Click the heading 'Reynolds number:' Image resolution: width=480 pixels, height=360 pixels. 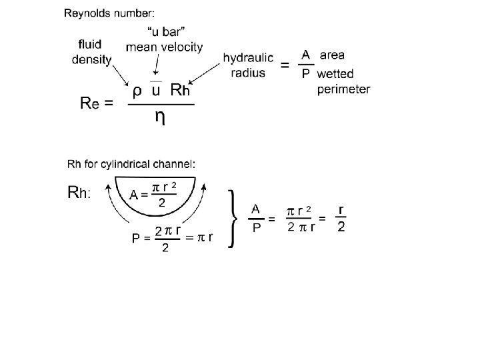click(109, 13)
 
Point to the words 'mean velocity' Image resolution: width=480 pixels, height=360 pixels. click(165, 47)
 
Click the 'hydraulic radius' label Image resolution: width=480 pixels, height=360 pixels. click(248, 65)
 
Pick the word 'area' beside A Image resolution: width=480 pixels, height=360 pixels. click(333, 55)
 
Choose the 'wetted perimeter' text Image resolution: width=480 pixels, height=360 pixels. click(342, 81)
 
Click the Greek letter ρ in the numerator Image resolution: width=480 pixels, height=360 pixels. click(136, 89)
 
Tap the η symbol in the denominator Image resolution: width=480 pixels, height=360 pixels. click(161, 117)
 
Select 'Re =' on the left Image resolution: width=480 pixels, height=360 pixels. click(96, 103)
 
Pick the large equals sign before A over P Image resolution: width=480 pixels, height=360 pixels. click(285, 65)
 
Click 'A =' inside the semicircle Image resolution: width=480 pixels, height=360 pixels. click(139, 195)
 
